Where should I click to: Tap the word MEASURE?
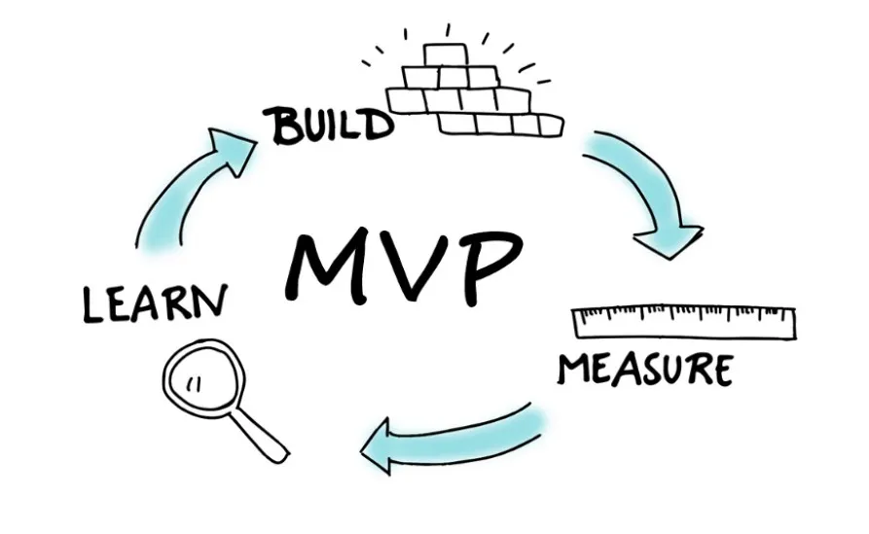click(644, 369)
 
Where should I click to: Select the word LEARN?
click(155, 303)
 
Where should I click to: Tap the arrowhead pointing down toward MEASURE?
click(671, 239)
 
